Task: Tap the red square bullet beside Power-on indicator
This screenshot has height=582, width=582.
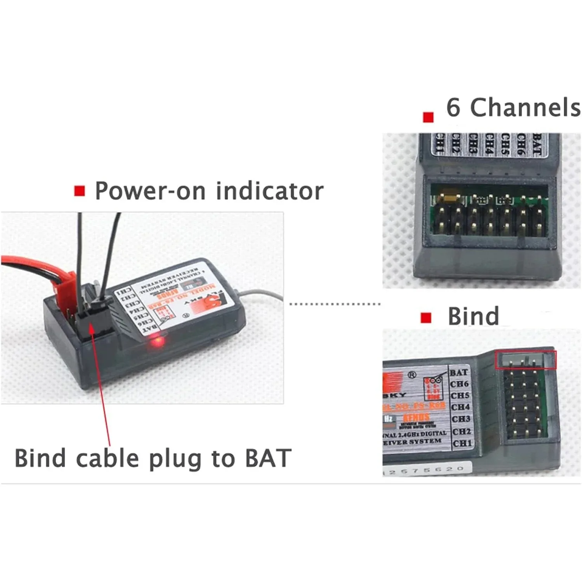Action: pos(80,191)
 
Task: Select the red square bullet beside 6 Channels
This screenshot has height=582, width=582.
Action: pos(428,117)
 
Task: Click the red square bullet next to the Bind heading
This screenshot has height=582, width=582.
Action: pos(426,318)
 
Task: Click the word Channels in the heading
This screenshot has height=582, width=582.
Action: pos(525,107)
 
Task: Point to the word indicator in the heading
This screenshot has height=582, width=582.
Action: pos(269,191)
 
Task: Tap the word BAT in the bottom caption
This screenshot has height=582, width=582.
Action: pos(268,458)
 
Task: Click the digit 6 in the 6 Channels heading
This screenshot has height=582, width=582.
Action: pos(453,107)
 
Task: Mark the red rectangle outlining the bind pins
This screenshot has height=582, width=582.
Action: pos(526,360)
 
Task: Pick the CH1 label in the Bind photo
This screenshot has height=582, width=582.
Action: pos(462,443)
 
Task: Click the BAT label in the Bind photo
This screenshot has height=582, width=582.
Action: pos(459,372)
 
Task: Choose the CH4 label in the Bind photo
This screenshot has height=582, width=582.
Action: pos(461,407)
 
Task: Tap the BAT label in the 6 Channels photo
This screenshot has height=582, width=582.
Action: pos(537,144)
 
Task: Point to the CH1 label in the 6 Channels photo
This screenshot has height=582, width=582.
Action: pos(439,144)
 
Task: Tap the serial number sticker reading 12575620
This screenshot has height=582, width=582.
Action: pos(427,470)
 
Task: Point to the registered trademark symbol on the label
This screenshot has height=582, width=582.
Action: pos(412,375)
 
